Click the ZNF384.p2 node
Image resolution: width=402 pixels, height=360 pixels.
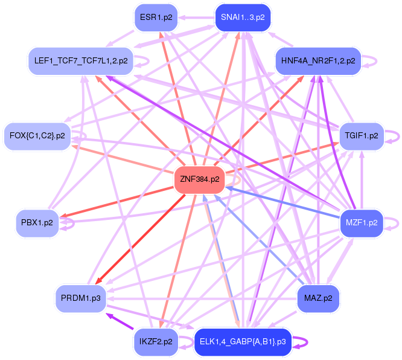coord(199,179)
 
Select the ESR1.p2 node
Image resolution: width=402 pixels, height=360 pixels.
coord(156,18)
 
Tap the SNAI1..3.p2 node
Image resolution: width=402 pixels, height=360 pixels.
coord(243,18)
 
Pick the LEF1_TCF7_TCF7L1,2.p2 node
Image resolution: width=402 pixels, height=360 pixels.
coord(81,61)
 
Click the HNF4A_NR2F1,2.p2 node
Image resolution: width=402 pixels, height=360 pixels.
coord(318,61)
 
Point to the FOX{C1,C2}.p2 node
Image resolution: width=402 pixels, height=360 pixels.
coord(37,136)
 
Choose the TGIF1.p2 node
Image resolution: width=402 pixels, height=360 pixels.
coord(362,136)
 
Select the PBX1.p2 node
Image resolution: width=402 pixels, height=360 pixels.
coord(37,223)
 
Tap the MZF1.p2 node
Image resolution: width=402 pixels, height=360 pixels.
coord(362,223)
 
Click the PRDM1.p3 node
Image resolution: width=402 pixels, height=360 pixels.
coord(81,298)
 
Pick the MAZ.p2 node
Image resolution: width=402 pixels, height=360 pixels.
coord(318,298)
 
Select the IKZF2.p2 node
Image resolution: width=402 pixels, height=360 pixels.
coord(156,342)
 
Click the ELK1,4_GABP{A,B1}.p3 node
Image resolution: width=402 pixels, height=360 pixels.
coord(243,342)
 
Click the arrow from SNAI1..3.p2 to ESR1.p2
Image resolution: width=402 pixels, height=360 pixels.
coord(196,18)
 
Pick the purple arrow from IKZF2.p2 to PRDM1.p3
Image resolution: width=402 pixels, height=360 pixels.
coord(120,321)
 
